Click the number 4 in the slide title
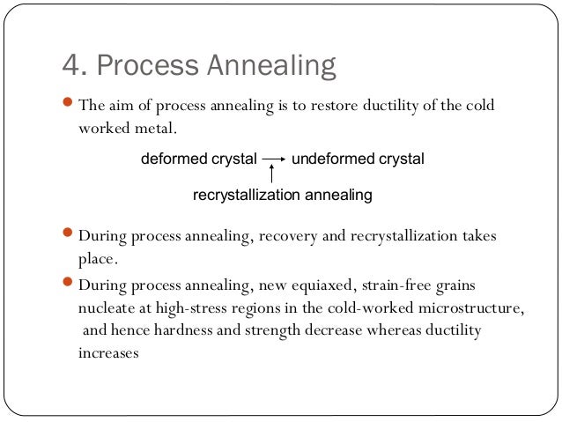pos(69,66)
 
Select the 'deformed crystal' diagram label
pos(198,159)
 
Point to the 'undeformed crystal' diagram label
pos(358,159)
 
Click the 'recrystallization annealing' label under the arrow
pos(282,195)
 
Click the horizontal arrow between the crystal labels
pos(274,159)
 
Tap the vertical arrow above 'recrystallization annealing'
pos(272,174)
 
